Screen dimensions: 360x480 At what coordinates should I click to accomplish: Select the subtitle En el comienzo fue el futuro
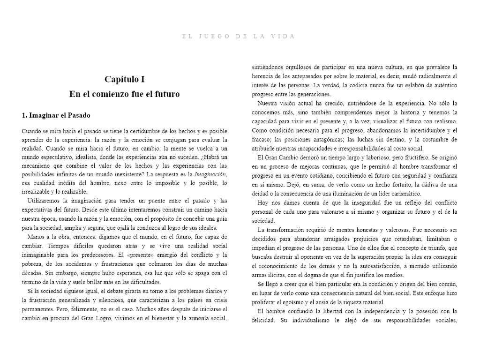[x=125, y=94]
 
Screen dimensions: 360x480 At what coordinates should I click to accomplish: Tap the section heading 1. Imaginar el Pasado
[x=56, y=115]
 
